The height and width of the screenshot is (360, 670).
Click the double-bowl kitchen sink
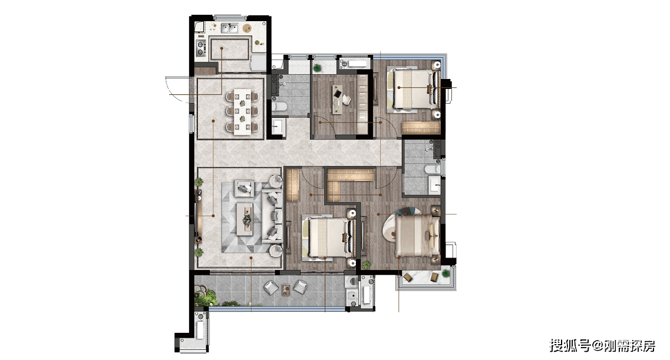(x=229, y=28)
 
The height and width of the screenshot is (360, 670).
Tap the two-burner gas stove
(x=200, y=48)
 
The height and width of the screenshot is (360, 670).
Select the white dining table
(x=242, y=111)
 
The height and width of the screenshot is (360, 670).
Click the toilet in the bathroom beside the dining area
(x=279, y=106)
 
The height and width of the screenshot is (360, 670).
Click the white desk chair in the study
(x=346, y=100)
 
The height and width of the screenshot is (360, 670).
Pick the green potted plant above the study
(x=317, y=68)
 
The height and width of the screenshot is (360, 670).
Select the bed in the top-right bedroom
(x=413, y=89)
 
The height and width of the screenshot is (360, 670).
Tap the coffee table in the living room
(x=245, y=219)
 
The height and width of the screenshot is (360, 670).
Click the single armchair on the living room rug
(x=244, y=188)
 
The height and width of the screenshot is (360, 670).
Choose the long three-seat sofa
(x=272, y=215)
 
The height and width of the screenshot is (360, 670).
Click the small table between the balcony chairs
(x=286, y=289)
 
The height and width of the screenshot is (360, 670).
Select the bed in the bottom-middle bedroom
(x=329, y=238)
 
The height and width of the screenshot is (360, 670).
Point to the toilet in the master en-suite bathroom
(x=433, y=170)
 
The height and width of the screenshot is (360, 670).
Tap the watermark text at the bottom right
(x=602, y=345)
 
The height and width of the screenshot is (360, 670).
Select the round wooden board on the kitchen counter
(x=247, y=28)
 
